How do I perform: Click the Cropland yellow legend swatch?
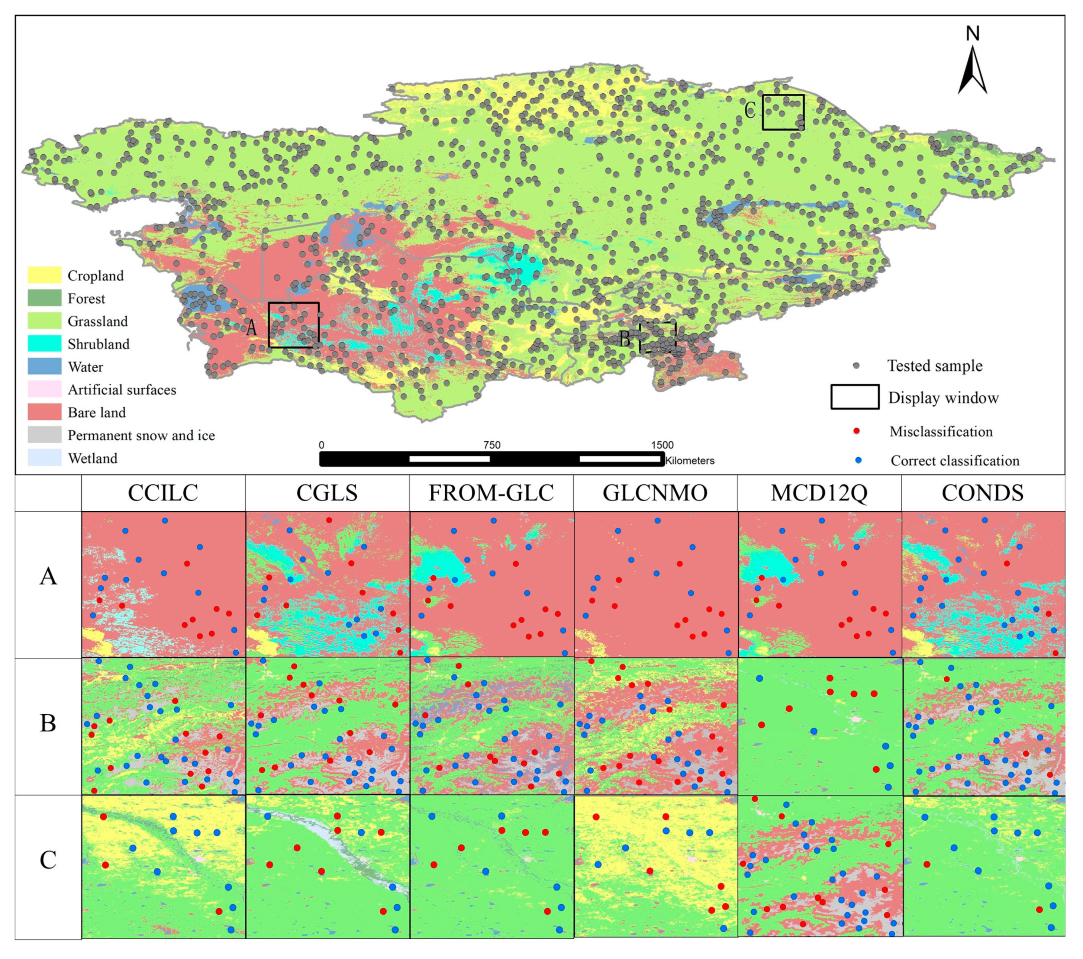(x=45, y=275)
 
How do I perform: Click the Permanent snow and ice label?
(x=141, y=435)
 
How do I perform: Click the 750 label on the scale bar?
(x=492, y=445)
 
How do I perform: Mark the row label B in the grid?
(x=48, y=723)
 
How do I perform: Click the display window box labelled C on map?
(x=783, y=112)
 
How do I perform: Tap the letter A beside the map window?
(x=252, y=328)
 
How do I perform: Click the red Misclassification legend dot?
(x=857, y=431)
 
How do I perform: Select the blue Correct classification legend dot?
(x=858, y=460)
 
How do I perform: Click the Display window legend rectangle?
(x=855, y=397)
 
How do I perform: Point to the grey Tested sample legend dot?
(x=856, y=366)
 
